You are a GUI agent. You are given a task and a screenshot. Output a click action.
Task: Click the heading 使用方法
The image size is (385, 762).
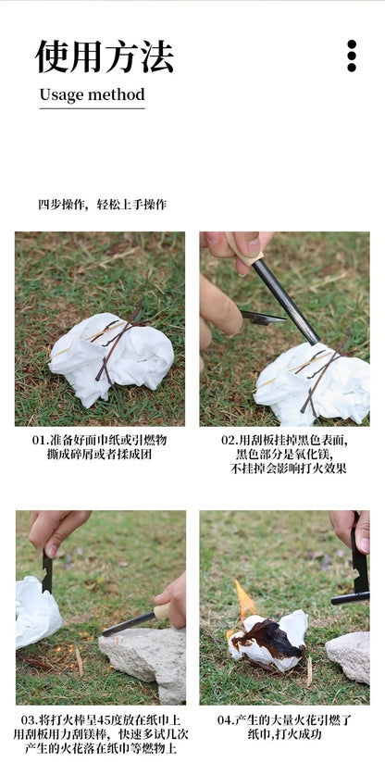click(104, 56)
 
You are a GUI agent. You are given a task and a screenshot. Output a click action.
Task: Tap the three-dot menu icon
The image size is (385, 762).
click(352, 56)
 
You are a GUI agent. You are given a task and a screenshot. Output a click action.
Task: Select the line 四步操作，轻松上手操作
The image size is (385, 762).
click(102, 205)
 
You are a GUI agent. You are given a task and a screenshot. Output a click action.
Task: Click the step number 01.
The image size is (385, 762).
click(40, 440)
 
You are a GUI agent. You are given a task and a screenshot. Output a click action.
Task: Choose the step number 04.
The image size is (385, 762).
click(225, 719)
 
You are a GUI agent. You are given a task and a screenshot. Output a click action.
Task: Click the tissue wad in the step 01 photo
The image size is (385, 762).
click(111, 357)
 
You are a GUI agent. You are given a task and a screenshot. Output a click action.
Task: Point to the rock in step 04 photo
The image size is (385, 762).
click(350, 656)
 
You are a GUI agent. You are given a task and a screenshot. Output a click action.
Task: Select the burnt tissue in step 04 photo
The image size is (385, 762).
click(267, 641)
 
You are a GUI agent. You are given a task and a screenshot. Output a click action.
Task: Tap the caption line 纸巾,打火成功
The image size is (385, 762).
click(284, 734)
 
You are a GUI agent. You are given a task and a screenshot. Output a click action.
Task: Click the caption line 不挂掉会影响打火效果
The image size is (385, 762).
click(284, 468)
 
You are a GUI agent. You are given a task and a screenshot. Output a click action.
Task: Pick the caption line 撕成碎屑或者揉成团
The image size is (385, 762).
click(99, 454)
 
